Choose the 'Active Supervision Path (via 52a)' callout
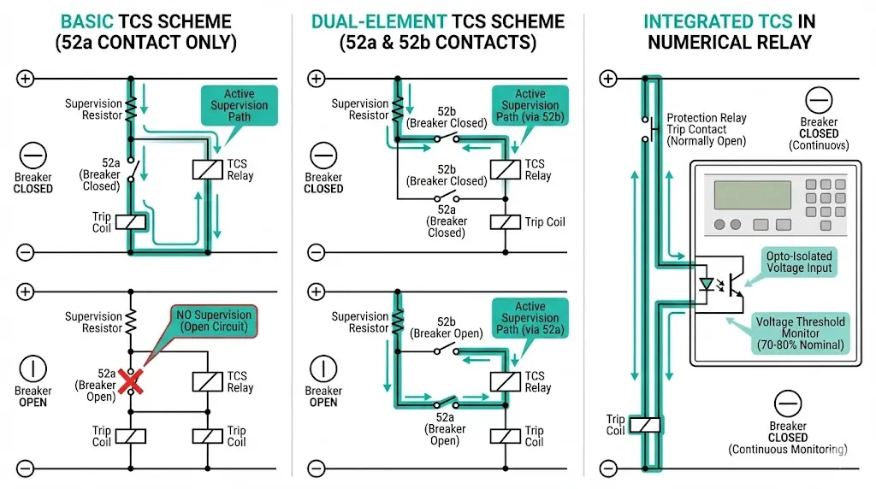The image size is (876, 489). (530, 318)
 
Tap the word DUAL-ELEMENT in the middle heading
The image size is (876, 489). (377, 21)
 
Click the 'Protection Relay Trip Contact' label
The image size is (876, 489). (706, 129)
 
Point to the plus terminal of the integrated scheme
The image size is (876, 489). (608, 80)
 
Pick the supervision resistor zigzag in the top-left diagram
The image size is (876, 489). (131, 109)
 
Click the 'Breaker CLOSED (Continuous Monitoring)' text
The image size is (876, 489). (787, 437)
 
